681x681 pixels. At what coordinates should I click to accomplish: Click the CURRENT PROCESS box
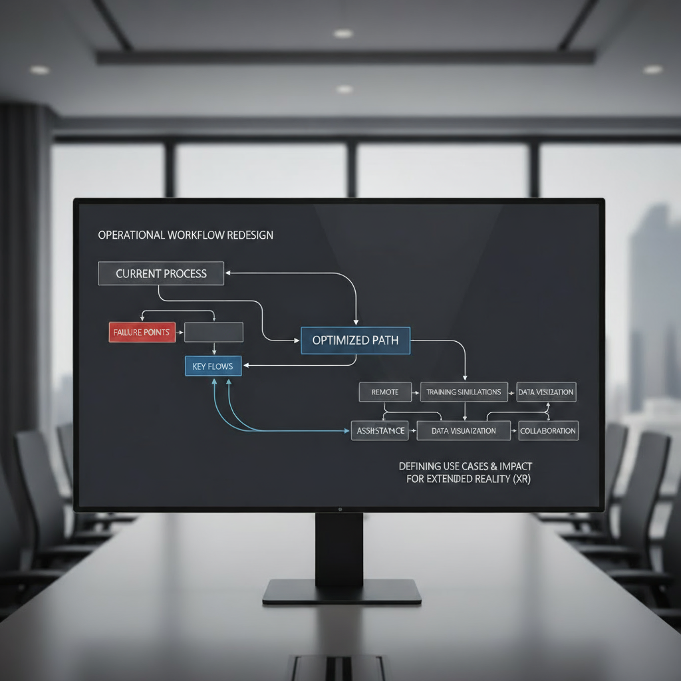[161, 273]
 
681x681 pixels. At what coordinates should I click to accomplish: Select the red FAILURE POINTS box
[142, 332]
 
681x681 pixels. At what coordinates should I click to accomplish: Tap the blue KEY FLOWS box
[212, 366]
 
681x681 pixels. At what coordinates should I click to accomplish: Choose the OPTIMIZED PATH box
[355, 340]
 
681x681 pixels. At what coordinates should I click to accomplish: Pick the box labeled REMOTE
[385, 392]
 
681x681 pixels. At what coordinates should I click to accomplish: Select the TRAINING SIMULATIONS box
[464, 392]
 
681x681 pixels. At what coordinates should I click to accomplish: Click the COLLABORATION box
[548, 431]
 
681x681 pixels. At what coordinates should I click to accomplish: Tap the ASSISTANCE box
[380, 431]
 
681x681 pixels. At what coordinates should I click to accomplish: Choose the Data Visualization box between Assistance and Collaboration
[464, 431]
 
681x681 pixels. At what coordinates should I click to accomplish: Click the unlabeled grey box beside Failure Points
[213, 332]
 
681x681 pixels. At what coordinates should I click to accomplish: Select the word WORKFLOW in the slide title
[194, 235]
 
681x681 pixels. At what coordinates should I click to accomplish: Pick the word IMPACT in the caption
[512, 466]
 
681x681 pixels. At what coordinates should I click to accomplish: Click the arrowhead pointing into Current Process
[228, 272]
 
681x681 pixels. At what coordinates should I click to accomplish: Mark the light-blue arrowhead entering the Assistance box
[347, 431]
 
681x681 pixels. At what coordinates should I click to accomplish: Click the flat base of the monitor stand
[342, 592]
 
